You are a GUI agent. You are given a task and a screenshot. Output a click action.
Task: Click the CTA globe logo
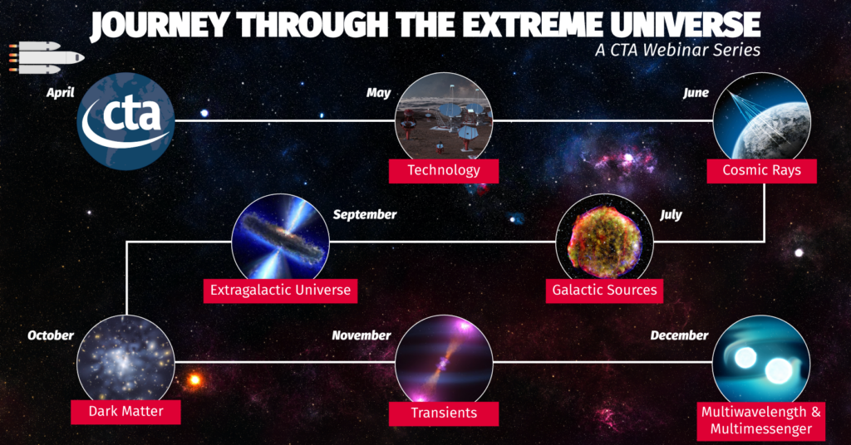click(126, 121)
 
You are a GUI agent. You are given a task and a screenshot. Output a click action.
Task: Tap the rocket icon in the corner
click(47, 57)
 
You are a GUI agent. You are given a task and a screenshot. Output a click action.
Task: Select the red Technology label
click(444, 171)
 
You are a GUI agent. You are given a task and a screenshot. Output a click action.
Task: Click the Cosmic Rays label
click(761, 171)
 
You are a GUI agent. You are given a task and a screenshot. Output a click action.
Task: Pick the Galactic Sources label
click(605, 291)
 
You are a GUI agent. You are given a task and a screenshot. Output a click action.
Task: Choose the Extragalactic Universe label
click(281, 291)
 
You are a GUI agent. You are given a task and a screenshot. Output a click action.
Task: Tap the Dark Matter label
click(126, 412)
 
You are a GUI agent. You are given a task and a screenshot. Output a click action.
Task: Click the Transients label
click(444, 413)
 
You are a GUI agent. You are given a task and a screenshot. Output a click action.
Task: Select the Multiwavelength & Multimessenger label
click(761, 421)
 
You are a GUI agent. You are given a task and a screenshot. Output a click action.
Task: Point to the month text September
click(365, 215)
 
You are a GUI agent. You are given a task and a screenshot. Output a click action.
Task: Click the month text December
click(680, 335)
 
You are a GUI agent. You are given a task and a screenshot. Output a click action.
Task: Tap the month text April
click(60, 93)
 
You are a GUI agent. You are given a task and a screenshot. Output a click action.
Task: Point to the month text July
click(671, 215)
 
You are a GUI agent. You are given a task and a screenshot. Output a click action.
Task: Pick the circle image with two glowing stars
click(761, 360)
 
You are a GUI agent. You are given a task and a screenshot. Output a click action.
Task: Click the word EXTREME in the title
click(522, 24)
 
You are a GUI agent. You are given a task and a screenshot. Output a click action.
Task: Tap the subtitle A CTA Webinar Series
click(678, 50)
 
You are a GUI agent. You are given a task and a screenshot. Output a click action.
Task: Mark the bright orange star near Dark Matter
click(194, 380)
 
